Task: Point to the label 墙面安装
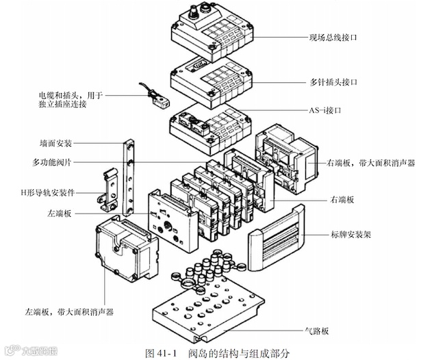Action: click(x=56, y=144)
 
